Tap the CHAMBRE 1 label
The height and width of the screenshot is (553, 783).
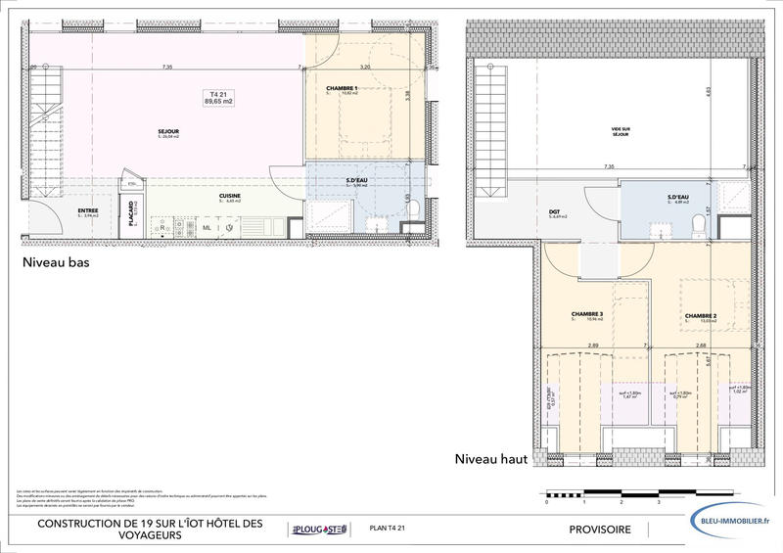click(x=342, y=89)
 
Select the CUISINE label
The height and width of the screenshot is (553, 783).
click(x=230, y=197)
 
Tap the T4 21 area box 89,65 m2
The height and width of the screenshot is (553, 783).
click(x=217, y=97)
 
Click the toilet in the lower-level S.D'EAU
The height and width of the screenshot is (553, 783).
click(x=414, y=208)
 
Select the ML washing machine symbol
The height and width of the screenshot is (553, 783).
click(x=207, y=228)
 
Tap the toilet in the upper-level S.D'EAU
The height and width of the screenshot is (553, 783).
click(x=699, y=224)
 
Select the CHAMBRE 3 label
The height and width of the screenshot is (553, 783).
click(x=586, y=315)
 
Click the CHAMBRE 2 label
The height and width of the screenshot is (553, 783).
click(x=700, y=315)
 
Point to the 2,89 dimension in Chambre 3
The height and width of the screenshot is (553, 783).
click(x=593, y=345)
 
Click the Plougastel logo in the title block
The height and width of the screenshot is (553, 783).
click(x=318, y=530)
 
